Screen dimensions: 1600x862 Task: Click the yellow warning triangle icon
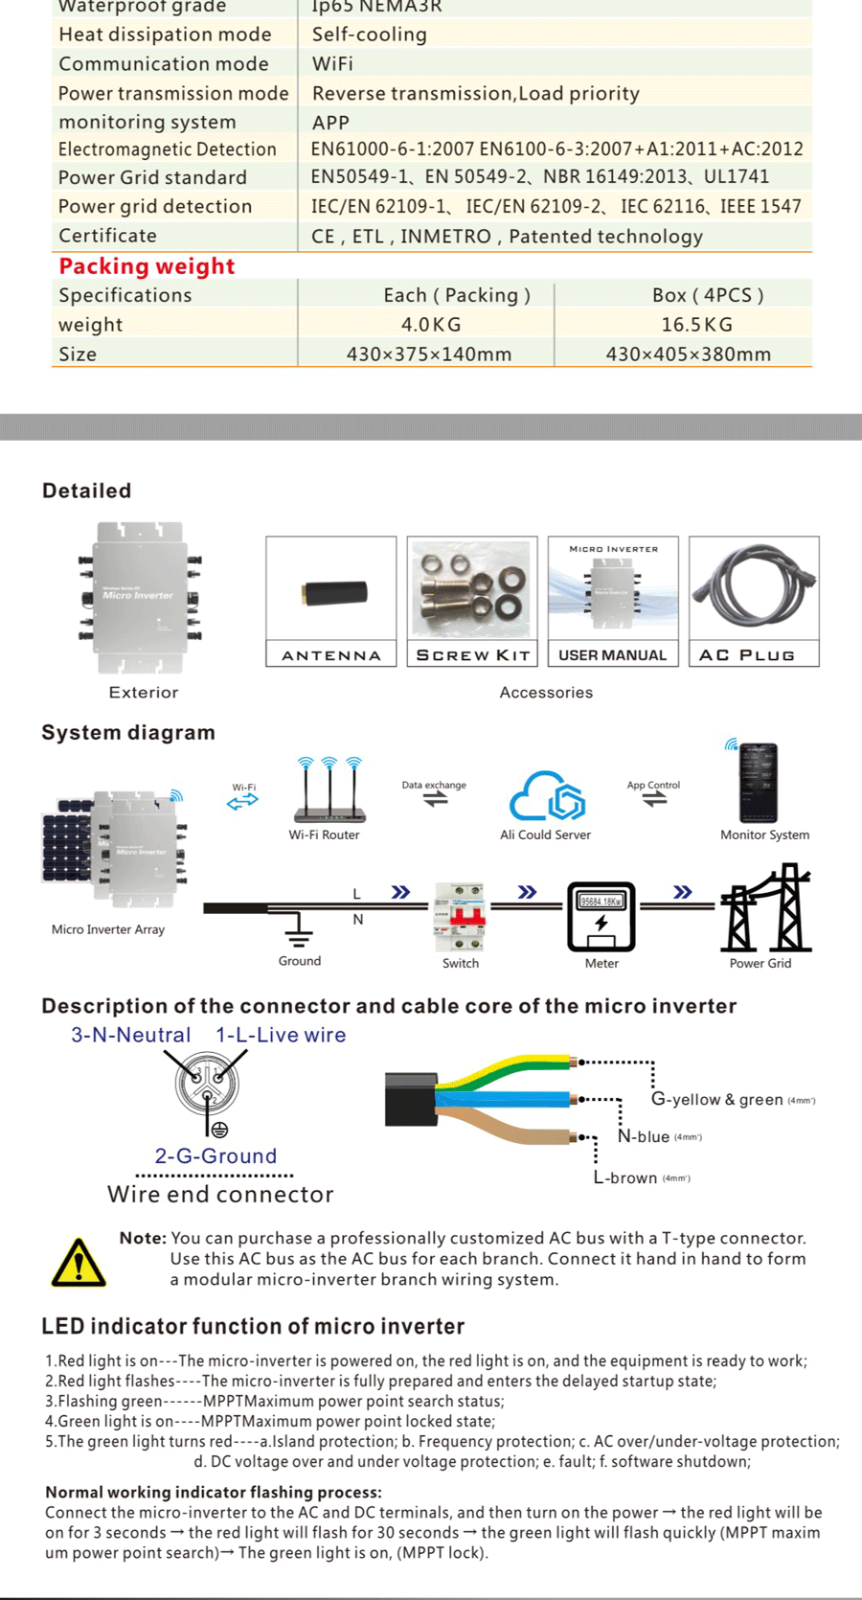point(79,1262)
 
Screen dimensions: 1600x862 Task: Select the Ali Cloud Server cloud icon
point(547,796)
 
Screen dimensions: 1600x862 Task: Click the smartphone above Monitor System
point(759,783)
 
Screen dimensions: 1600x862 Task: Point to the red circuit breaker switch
point(461,916)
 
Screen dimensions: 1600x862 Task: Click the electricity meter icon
point(601,916)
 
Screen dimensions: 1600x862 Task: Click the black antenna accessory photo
point(330,593)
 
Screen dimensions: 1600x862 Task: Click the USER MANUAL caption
point(613,655)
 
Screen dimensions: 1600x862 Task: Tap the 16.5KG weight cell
point(696,325)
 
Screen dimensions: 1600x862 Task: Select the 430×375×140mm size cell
point(429,354)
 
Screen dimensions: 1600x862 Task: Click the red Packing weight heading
point(147,266)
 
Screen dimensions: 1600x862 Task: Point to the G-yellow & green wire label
point(717,1099)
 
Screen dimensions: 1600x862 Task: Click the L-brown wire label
point(625,1177)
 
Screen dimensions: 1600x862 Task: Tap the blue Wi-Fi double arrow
point(242,802)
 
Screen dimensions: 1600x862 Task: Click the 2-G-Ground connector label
point(215,1155)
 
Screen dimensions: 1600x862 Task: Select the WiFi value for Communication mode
point(332,64)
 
